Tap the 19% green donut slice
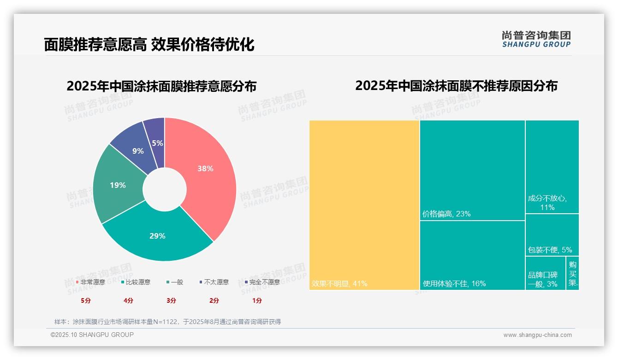tap(118, 185)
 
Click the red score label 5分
tap(86, 300)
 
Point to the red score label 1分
tap(257, 300)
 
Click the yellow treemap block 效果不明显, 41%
tap(364, 205)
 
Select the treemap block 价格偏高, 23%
tap(472, 170)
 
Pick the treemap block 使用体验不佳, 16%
tap(472, 255)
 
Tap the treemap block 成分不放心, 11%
tap(552, 167)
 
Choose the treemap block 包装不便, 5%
tap(552, 235)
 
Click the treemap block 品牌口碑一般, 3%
tap(545, 273)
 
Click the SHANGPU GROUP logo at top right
tap(536, 39)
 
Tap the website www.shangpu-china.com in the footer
tap(537, 335)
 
